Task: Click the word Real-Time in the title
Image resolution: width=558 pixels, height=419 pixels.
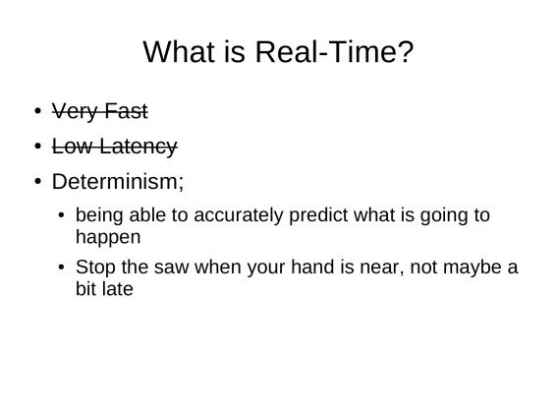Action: (x=334, y=52)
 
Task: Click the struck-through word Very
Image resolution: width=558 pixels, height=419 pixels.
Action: (x=76, y=111)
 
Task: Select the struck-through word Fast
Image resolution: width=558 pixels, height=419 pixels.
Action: (x=126, y=111)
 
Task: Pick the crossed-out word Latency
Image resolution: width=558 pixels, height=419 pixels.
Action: (x=139, y=147)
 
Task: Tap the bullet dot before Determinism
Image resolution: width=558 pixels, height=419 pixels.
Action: (x=38, y=181)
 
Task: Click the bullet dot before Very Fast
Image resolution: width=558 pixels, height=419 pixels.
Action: (x=38, y=111)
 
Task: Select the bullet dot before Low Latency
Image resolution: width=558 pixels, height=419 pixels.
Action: (x=38, y=147)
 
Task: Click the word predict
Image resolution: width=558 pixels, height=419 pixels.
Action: (x=318, y=215)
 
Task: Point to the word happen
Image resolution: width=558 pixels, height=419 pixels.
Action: (x=108, y=237)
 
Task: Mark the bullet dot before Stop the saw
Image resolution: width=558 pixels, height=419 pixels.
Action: (x=62, y=267)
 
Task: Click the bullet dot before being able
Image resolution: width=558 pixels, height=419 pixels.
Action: (x=62, y=214)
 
